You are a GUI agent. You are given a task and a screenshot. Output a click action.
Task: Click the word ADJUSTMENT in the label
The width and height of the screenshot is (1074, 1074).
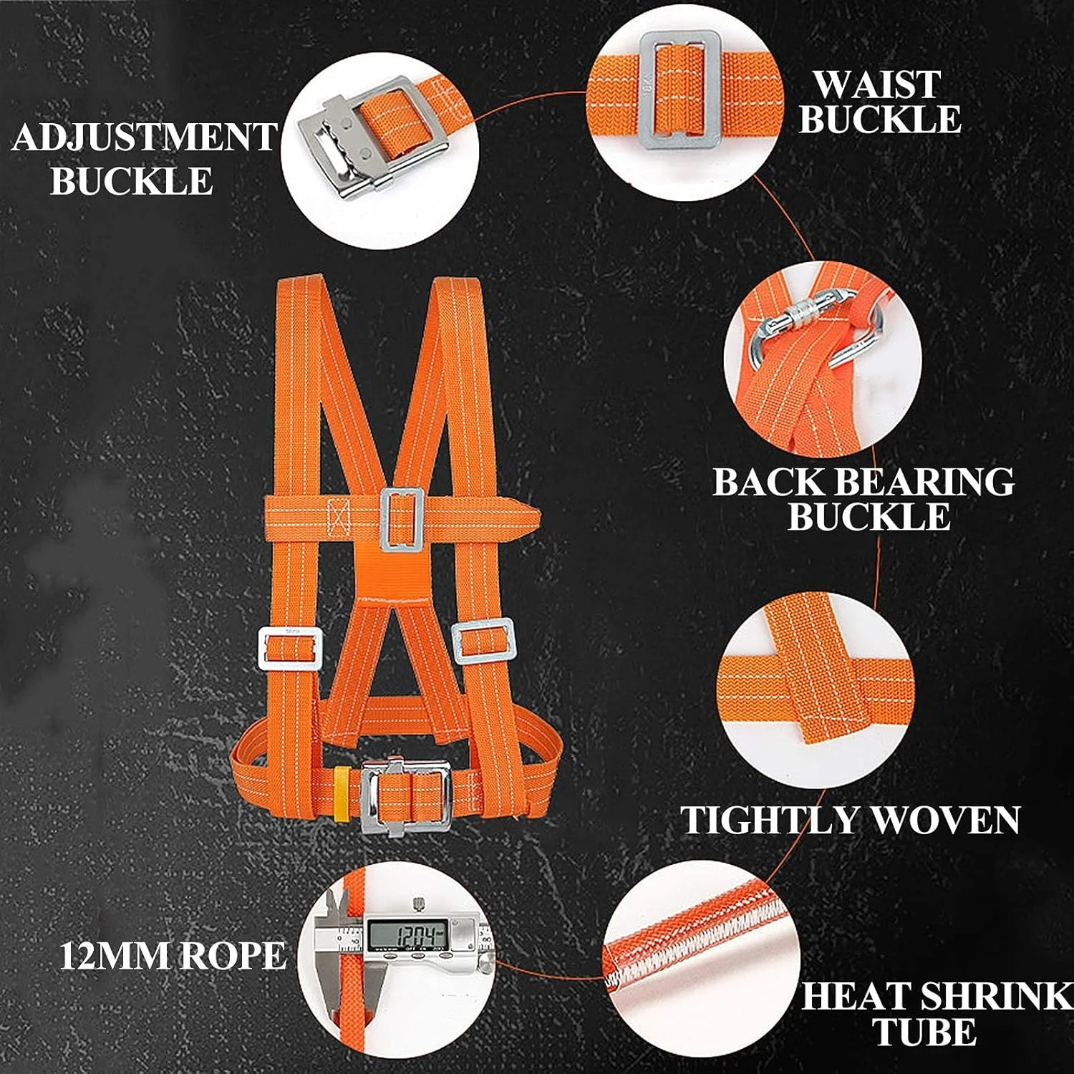pyautogui.click(x=145, y=137)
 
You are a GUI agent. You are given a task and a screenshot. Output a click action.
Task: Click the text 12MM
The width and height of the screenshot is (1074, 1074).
pyautogui.click(x=113, y=955)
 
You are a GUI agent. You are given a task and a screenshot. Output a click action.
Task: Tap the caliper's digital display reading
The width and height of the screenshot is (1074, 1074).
pyautogui.click(x=407, y=934)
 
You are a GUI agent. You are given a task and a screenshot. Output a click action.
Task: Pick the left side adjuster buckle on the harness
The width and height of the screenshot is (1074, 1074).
pyautogui.click(x=290, y=648)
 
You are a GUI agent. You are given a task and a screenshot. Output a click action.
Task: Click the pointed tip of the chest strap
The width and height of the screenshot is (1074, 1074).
pyautogui.click(x=539, y=517)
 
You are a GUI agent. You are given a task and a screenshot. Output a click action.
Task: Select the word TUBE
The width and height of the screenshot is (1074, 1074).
pyautogui.click(x=924, y=1032)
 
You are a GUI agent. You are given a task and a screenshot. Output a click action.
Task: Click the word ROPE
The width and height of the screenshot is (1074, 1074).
pyautogui.click(x=231, y=955)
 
